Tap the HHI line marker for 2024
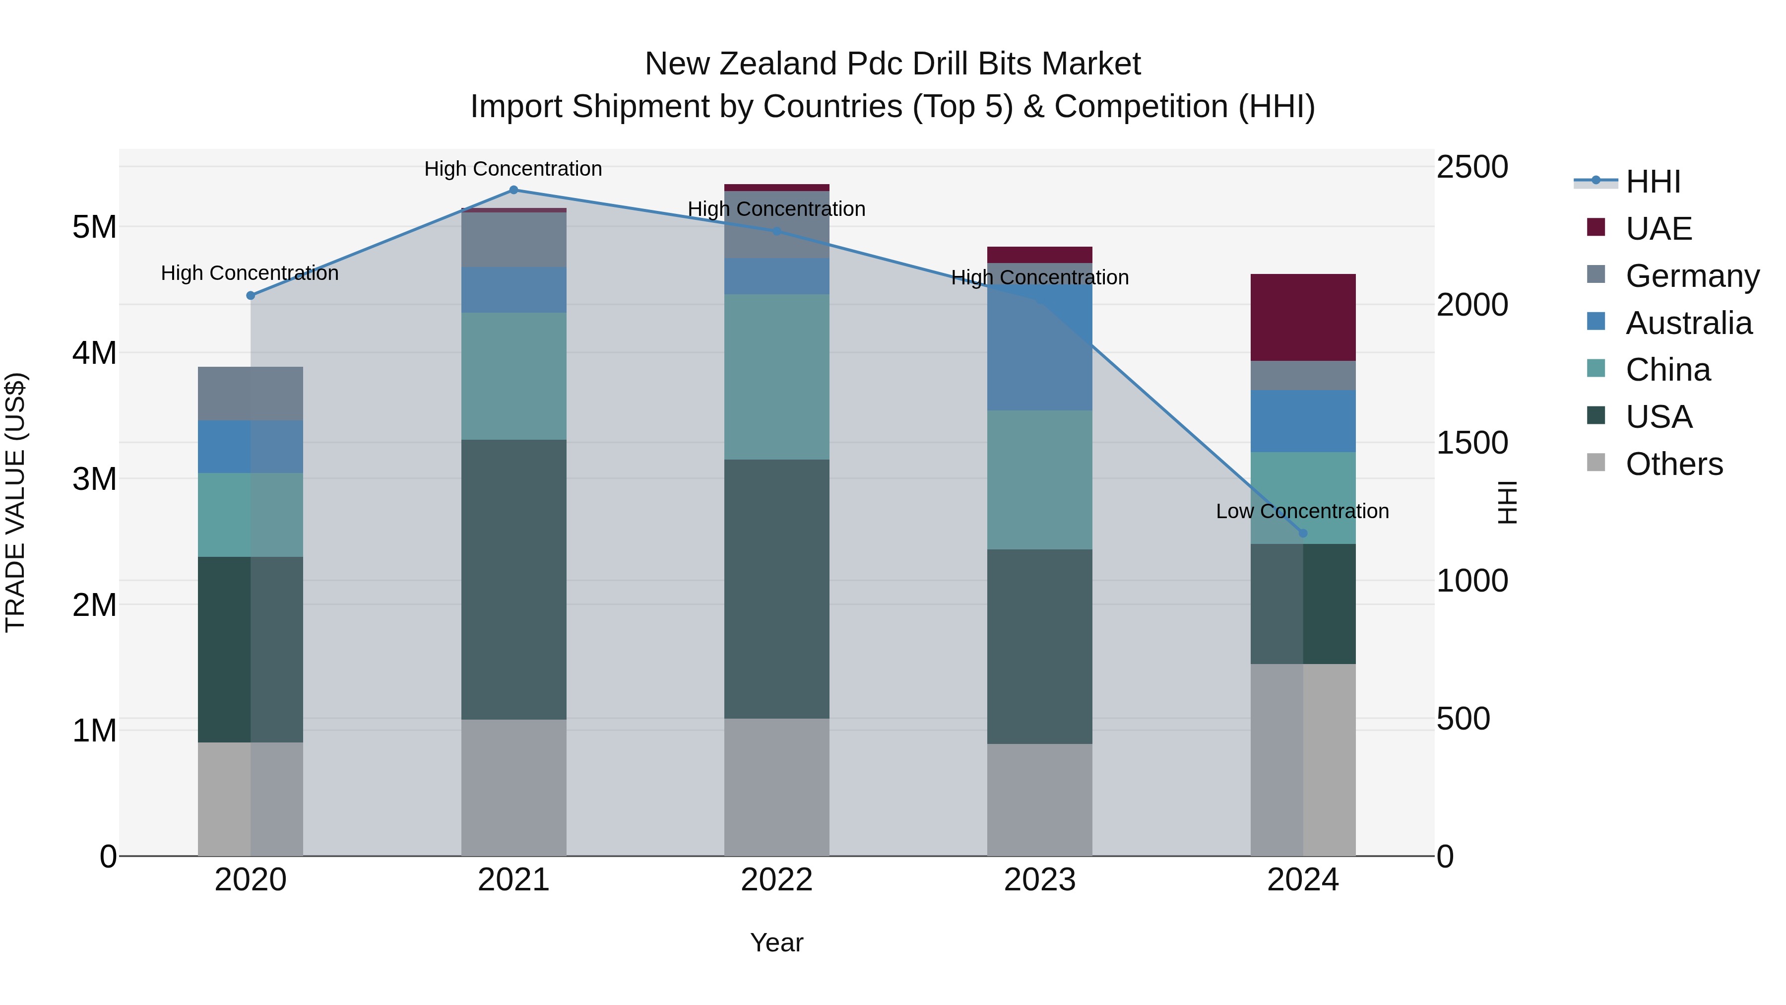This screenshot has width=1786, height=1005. pyautogui.click(x=1303, y=534)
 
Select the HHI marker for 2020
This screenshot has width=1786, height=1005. pyautogui.click(x=251, y=295)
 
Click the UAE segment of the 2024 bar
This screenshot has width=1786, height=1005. pyautogui.click(x=1303, y=318)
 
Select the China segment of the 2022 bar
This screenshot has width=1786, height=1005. pyautogui.click(x=776, y=377)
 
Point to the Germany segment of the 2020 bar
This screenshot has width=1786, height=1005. pyautogui.click(x=251, y=393)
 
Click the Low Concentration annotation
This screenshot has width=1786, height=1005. pyautogui.click(x=1302, y=511)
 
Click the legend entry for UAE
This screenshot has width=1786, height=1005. pyautogui.click(x=1658, y=229)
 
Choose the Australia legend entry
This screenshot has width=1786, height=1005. pyautogui.click(x=1688, y=323)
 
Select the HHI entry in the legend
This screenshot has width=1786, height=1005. pyautogui.click(x=1653, y=182)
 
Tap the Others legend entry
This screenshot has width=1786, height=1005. pyautogui.click(x=1674, y=464)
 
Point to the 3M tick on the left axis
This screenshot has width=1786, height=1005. pyautogui.click(x=94, y=478)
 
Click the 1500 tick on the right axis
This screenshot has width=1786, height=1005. pyautogui.click(x=1471, y=443)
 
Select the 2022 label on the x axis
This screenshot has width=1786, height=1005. pyautogui.click(x=776, y=880)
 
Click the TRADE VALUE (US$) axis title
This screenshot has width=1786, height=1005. pyautogui.click(x=15, y=503)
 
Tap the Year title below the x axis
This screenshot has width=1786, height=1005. pyautogui.click(x=776, y=942)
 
